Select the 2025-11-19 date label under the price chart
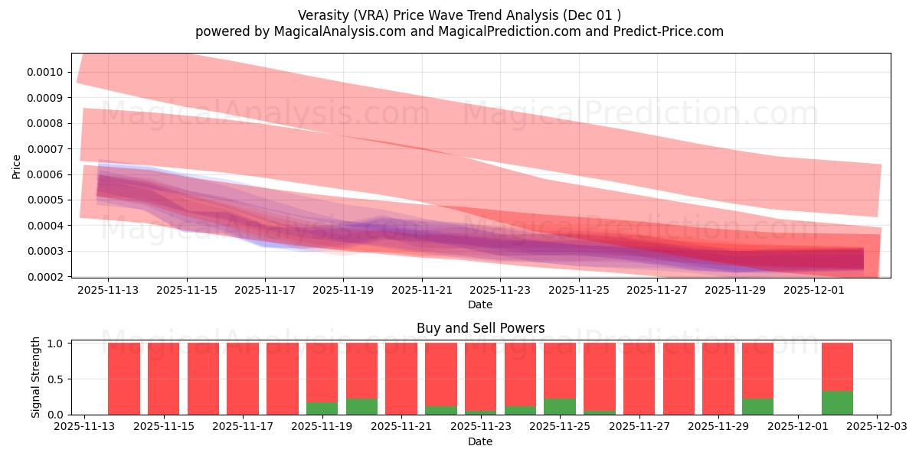[x=343, y=291]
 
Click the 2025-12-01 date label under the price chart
[x=813, y=291]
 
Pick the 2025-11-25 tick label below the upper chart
[x=578, y=291]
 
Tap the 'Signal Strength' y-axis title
[x=36, y=377]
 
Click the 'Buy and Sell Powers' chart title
[x=480, y=328]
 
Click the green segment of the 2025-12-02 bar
[x=837, y=403]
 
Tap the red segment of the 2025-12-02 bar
[x=837, y=366]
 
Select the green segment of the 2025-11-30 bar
[x=757, y=406]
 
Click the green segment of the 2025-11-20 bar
[x=361, y=406]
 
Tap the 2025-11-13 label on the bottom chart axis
[x=84, y=427]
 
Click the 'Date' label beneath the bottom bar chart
[x=480, y=441]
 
